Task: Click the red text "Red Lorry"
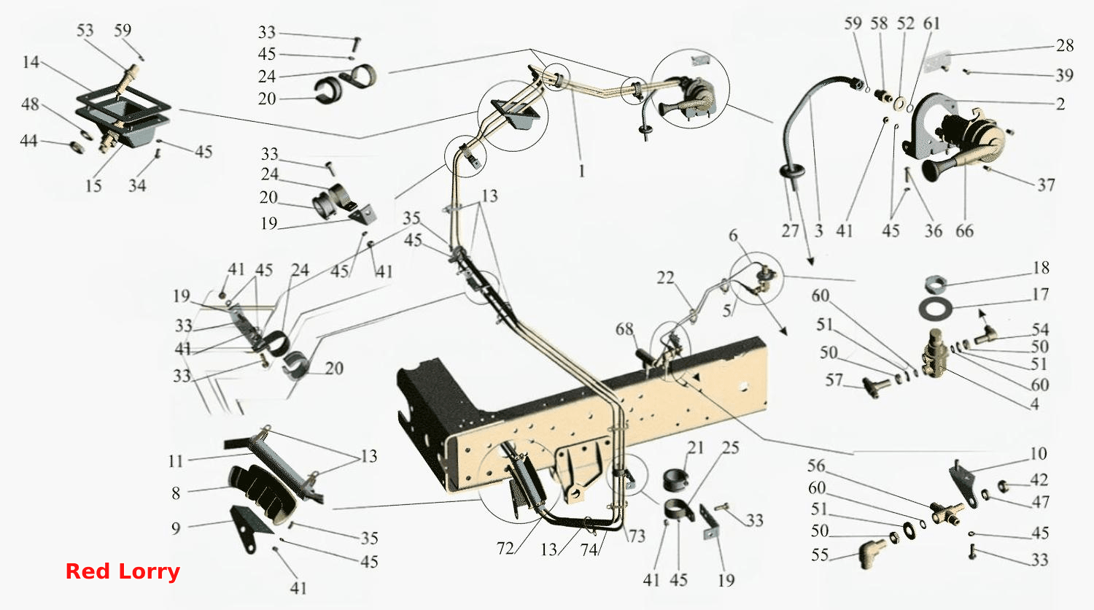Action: click(123, 571)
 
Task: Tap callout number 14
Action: click(31, 62)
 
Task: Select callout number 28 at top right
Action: click(1065, 45)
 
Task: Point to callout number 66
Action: click(965, 231)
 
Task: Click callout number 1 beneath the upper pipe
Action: click(581, 171)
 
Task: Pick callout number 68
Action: click(624, 329)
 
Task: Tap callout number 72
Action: click(505, 549)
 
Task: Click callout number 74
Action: click(589, 550)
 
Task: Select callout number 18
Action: click(1041, 267)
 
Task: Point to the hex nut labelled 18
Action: click(935, 283)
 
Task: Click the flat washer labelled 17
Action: click(935, 309)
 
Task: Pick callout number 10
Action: click(1039, 454)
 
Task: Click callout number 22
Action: click(665, 277)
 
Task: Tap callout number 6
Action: click(733, 235)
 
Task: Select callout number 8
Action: click(176, 493)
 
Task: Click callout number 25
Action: click(730, 448)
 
